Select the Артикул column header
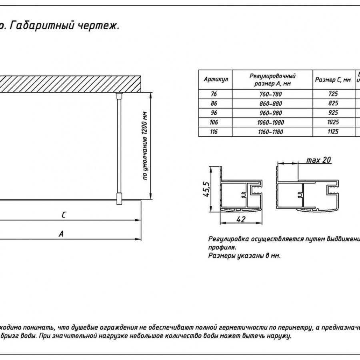(216, 80)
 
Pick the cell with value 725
(332, 94)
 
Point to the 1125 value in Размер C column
(332, 132)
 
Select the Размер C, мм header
(332, 80)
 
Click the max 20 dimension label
(318, 160)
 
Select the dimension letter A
(61, 235)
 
